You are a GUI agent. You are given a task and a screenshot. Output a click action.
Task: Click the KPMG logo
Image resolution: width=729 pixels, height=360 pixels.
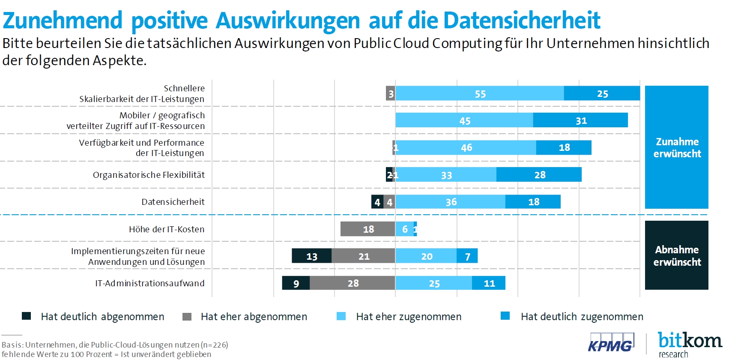pos(610,342)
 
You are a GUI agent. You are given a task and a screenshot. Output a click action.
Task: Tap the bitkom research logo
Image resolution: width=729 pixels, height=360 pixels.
pos(690,344)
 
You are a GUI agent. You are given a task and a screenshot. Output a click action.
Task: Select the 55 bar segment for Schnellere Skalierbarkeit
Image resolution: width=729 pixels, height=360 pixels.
pos(479,93)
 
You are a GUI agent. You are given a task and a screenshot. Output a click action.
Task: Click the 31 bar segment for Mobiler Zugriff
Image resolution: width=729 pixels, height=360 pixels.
pos(580,120)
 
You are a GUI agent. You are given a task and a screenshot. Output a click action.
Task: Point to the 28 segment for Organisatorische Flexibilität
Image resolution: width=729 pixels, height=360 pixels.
pos(539,174)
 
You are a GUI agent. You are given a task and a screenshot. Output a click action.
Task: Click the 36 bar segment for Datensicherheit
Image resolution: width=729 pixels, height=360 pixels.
pos(450,202)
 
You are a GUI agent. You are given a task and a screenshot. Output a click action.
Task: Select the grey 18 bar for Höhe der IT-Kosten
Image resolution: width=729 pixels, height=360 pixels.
pos(367,229)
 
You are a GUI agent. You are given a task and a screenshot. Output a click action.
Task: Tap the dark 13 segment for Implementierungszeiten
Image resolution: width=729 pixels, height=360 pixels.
pos(311,256)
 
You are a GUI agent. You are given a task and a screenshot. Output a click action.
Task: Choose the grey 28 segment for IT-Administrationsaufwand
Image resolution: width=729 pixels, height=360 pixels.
pos(353,283)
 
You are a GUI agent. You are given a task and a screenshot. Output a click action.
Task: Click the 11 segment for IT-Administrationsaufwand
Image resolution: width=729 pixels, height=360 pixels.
pos(489,283)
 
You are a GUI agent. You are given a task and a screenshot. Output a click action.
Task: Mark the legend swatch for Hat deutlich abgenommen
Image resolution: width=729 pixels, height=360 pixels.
pos(27,316)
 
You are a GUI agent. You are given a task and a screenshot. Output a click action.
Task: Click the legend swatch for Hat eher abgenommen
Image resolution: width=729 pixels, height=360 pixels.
pos(187,317)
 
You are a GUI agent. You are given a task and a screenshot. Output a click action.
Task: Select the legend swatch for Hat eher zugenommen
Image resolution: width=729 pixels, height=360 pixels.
pos(341,316)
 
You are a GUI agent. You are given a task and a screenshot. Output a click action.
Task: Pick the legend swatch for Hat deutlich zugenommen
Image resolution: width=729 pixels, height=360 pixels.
pos(505,316)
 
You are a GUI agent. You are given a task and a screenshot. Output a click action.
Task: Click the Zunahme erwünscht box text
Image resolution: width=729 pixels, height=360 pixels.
pos(677,147)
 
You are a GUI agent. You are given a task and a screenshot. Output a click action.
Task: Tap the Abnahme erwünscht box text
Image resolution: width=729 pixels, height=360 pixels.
pos(677,255)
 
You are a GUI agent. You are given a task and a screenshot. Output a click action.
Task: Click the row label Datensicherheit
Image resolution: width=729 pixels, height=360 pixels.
pos(173,202)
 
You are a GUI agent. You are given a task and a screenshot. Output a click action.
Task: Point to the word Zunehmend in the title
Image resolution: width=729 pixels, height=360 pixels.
pos(63,20)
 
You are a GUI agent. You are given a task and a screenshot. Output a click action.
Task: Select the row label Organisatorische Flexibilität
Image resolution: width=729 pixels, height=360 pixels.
pos(149,175)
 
